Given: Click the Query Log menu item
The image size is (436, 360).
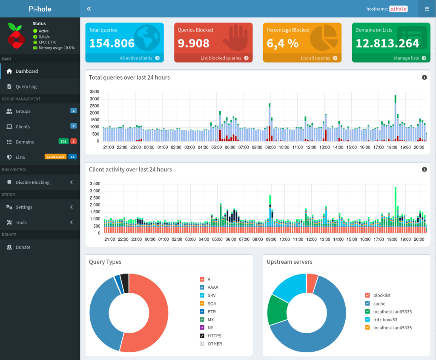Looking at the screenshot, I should (x=26, y=86).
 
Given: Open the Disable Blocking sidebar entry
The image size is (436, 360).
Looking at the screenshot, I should (x=32, y=182).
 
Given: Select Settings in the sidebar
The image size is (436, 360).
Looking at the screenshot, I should (x=24, y=207).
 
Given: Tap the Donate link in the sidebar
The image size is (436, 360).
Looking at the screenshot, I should (x=23, y=247).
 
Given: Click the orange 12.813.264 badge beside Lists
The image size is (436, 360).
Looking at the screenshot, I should (x=55, y=157).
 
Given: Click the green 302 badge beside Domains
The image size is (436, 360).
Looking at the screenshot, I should (x=63, y=141).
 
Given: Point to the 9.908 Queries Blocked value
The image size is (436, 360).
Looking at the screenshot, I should (x=193, y=43).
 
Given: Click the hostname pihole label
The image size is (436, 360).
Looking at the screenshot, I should (x=398, y=9).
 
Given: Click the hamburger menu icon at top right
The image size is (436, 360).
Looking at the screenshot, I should (x=427, y=9).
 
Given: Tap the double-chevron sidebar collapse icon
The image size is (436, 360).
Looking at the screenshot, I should (x=89, y=9).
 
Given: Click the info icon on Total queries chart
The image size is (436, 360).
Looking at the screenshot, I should (x=424, y=77).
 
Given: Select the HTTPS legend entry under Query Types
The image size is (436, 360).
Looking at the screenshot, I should (x=214, y=336).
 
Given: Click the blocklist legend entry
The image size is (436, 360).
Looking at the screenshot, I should (x=381, y=295).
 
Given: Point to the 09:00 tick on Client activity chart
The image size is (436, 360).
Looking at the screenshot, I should (x=271, y=240).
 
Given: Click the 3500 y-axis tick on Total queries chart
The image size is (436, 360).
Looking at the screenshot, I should (x=95, y=91).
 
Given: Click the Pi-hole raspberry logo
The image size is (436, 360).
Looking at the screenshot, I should (x=16, y=36).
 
